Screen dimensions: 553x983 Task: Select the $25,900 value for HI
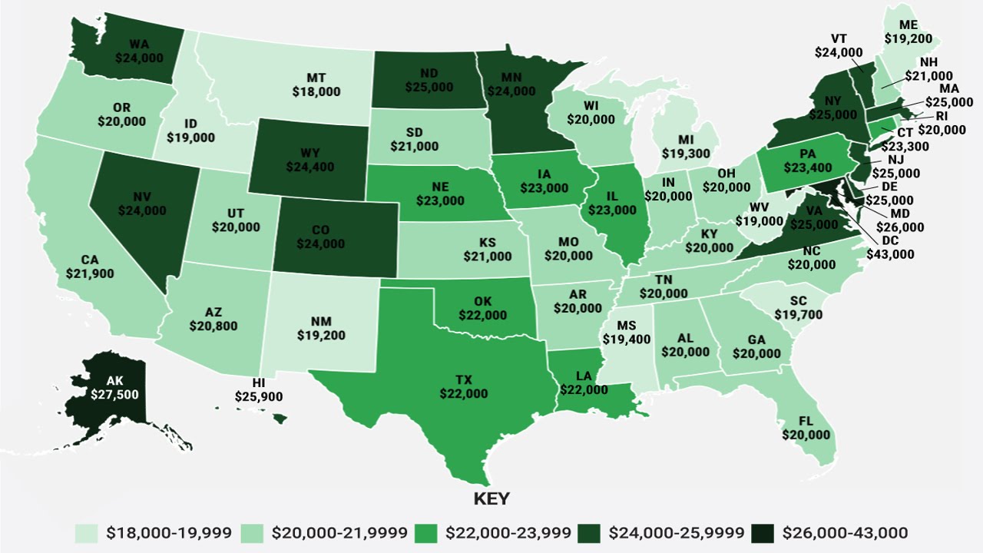259,397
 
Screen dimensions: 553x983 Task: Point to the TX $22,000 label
463,386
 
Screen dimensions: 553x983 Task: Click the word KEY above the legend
491,498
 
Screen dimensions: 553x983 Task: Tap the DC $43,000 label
890,247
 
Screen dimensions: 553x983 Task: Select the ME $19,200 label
908,30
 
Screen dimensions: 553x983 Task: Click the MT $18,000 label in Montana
316,84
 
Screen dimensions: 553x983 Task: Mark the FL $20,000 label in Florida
806,428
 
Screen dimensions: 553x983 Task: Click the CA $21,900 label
90,266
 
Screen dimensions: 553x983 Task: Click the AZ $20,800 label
213,319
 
